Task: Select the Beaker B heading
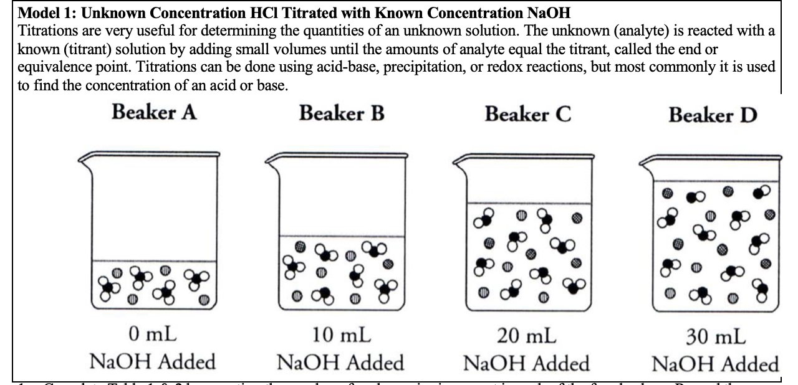coord(341,113)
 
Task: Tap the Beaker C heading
coord(527,115)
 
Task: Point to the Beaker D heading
coord(713,115)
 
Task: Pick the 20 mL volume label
coord(527,336)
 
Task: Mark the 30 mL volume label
coord(715,337)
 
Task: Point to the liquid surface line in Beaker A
coord(155,260)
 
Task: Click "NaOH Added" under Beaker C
coord(527,363)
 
